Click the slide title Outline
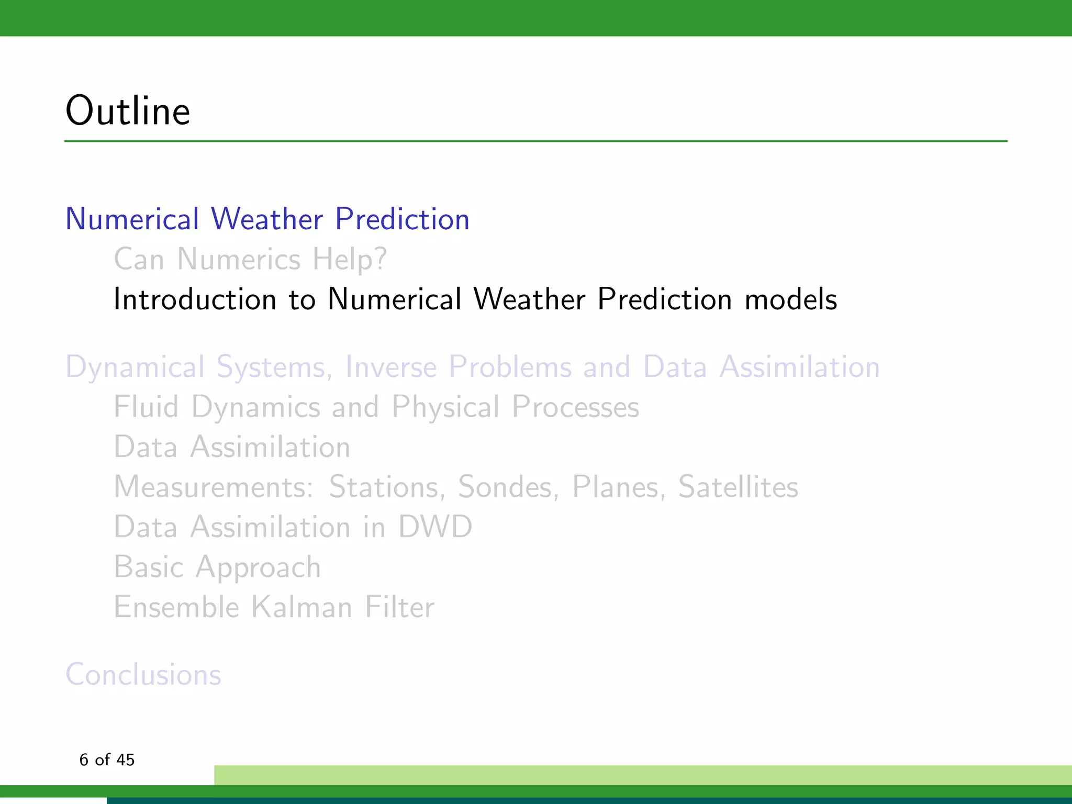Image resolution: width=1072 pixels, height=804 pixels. pyautogui.click(x=128, y=111)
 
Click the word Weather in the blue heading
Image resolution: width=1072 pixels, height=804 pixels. pyautogui.click(x=266, y=219)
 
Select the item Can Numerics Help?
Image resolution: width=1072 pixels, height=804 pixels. pyautogui.click(x=250, y=259)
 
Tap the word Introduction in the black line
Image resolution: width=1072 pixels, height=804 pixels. pyautogui.click(x=195, y=299)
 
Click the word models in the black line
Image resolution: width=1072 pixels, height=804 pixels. pyautogui.click(x=790, y=299)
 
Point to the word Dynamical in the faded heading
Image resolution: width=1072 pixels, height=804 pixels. pyautogui.click(x=135, y=367)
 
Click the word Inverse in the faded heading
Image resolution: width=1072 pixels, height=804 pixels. pyautogui.click(x=390, y=367)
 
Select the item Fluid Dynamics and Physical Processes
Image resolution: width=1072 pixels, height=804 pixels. pyautogui.click(x=376, y=407)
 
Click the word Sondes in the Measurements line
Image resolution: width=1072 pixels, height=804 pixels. pyautogui.click(x=505, y=487)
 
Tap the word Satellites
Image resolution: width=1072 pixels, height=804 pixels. pyautogui.click(x=738, y=487)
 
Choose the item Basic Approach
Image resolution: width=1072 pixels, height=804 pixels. pyautogui.click(x=217, y=567)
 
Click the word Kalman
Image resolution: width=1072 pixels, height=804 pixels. pyautogui.click(x=301, y=607)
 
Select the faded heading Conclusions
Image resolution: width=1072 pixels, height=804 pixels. pyautogui.click(x=143, y=674)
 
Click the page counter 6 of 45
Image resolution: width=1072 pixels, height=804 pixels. pyautogui.click(x=107, y=760)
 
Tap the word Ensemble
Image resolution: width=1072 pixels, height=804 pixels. pyautogui.click(x=176, y=607)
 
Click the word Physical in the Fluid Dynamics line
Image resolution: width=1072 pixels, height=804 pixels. pyautogui.click(x=445, y=407)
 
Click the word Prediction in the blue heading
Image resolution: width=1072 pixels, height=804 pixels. pyautogui.click(x=402, y=219)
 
